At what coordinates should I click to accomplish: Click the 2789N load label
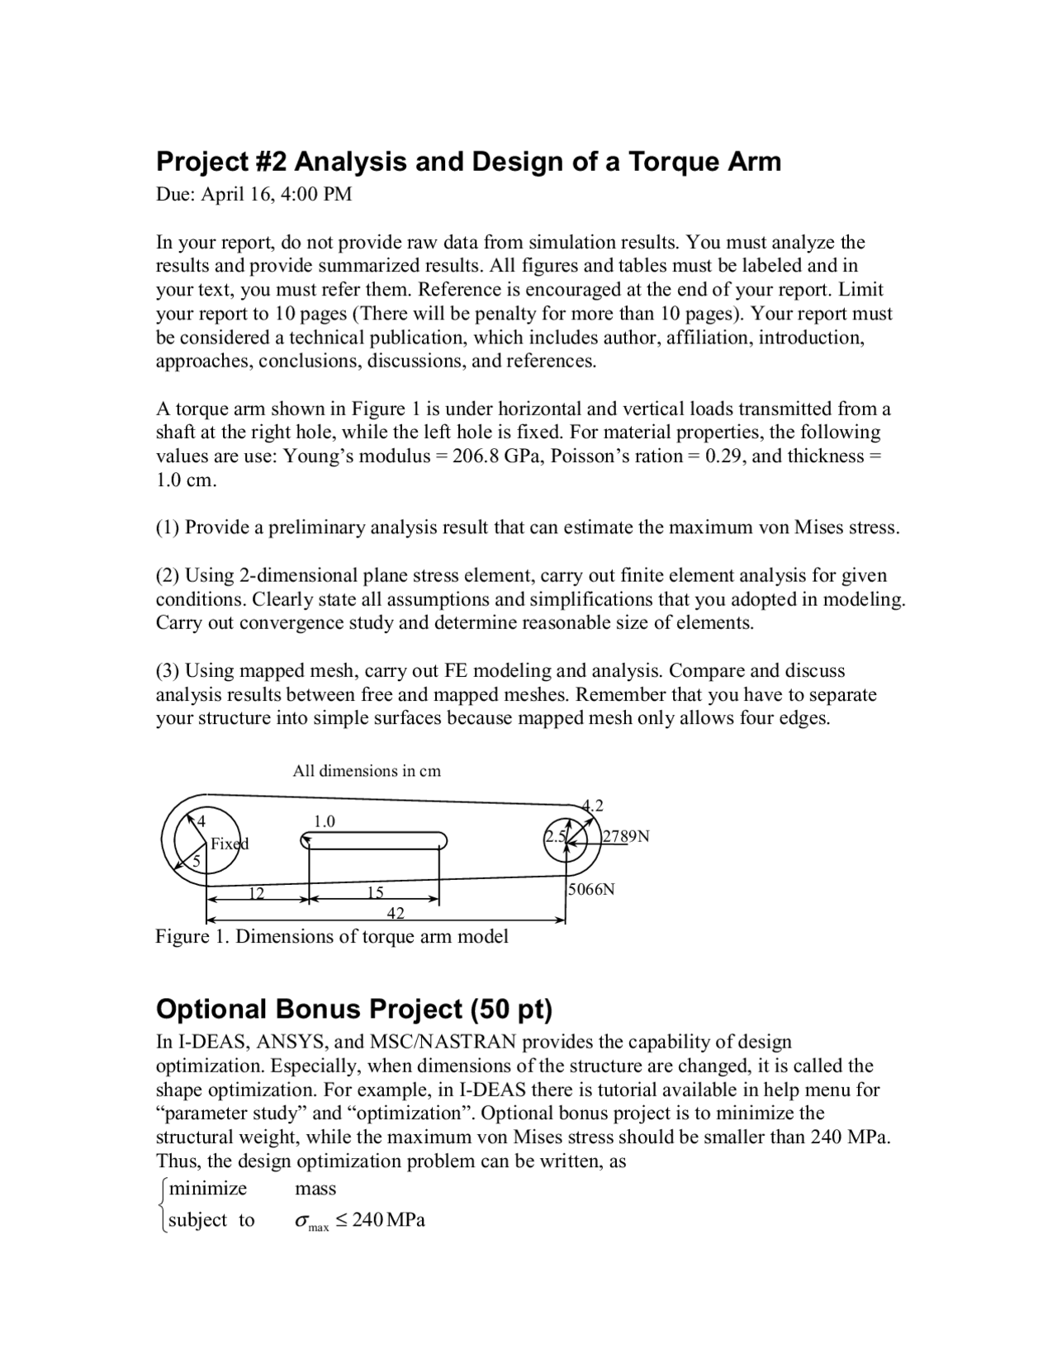pos(626,836)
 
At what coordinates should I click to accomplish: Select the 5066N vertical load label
pos(591,889)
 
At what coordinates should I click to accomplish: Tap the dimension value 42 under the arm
pos(396,912)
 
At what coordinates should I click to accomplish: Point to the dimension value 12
pos(257,892)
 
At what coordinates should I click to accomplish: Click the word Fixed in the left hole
pos(229,844)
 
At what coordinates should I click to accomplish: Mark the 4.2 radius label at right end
pos(593,805)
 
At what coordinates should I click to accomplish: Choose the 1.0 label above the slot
pos(325,821)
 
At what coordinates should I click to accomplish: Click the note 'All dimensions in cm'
pos(367,771)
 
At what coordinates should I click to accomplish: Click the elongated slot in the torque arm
pos(374,840)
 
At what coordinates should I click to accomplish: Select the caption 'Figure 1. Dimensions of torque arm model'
pos(332,936)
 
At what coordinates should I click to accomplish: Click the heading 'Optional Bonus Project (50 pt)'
pos(353,1009)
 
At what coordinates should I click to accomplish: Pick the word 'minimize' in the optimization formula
pos(207,1189)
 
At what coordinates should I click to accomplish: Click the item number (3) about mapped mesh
pos(168,670)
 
